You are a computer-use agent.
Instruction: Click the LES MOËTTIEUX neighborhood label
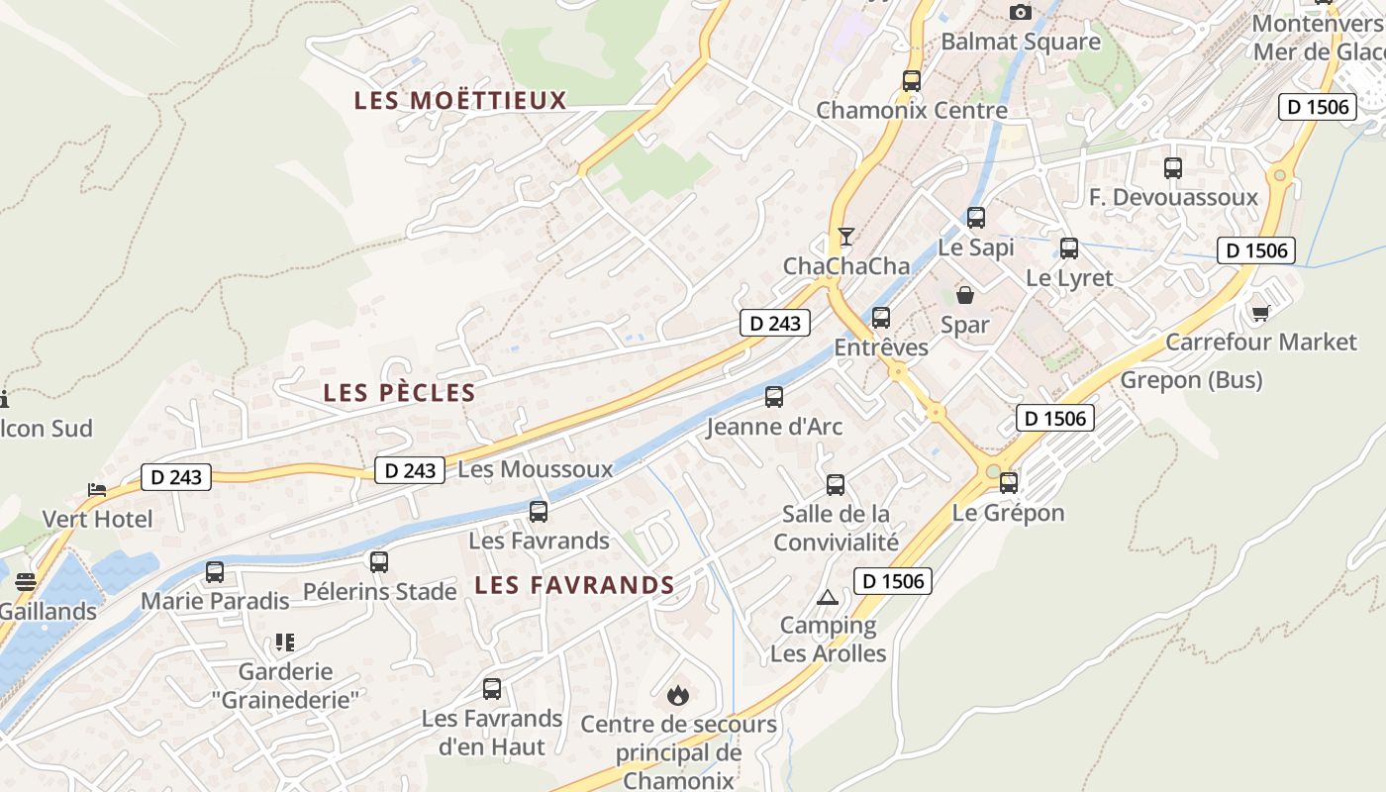point(460,100)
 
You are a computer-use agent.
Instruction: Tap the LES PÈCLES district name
point(399,393)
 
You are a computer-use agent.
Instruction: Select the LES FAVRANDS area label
point(574,585)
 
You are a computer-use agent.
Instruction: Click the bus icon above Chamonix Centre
point(912,81)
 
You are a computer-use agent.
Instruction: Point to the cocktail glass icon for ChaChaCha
point(845,236)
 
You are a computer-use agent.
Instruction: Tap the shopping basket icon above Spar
point(964,295)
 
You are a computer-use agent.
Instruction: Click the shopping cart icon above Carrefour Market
point(1260,313)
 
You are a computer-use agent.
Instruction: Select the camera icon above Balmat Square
point(1020,12)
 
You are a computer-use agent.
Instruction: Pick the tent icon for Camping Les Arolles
point(828,597)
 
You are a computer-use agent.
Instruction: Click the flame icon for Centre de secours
point(678,695)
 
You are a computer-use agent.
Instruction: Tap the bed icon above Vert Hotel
point(97,489)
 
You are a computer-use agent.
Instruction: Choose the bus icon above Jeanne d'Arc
point(774,397)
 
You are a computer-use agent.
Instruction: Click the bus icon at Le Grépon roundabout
point(1009,483)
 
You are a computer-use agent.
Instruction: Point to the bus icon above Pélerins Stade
point(379,562)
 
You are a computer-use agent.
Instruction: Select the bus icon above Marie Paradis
point(215,572)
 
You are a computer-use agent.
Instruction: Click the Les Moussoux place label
point(536,469)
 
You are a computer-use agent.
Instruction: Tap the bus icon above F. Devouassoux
point(1173,168)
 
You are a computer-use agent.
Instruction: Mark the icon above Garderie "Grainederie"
point(285,643)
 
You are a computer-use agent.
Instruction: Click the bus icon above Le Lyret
point(1069,248)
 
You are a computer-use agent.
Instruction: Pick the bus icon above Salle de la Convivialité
point(836,485)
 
